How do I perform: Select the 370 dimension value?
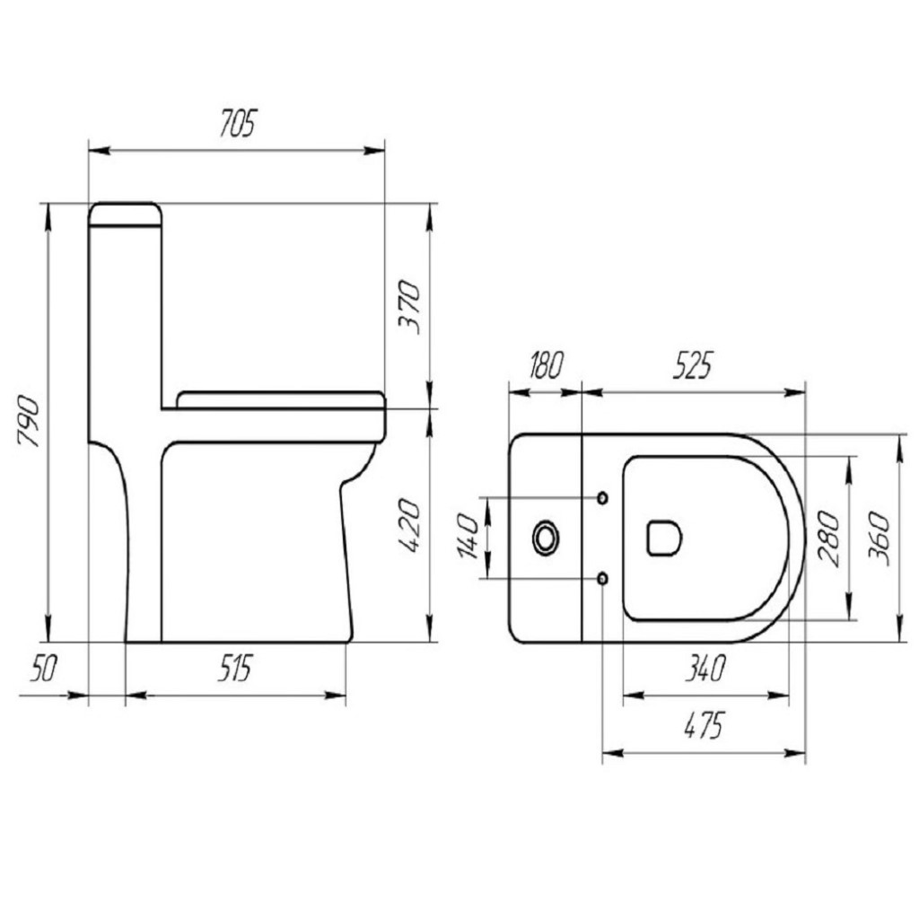coord(409,307)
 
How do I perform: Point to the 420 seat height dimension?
coord(409,527)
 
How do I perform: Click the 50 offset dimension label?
coord(43,669)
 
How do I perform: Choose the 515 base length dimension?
coord(235,669)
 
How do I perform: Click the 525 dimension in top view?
coord(692,365)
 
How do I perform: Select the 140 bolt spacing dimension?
coord(468,537)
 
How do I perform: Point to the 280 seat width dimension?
coord(829,537)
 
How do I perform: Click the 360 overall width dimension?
coord(880,537)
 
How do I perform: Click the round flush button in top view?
coord(545,538)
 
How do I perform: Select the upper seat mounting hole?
coord(602,497)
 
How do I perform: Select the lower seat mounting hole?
coord(602,578)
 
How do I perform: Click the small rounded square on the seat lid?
coord(663,538)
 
